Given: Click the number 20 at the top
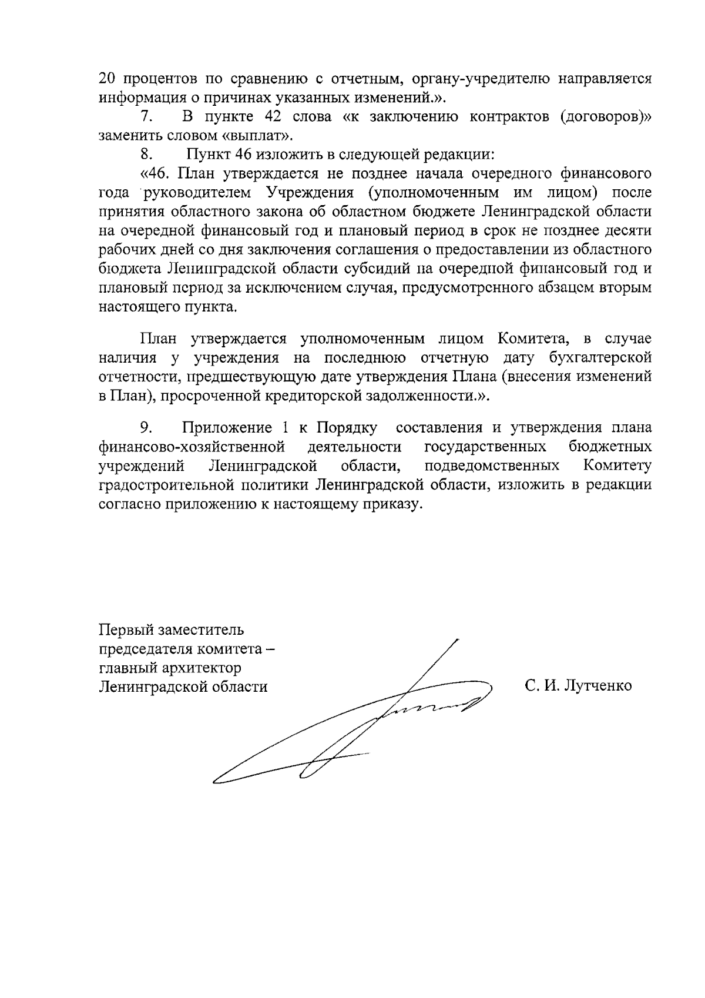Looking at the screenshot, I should pyautogui.click(x=106, y=79).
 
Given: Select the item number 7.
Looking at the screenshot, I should pyautogui.click(x=146, y=116).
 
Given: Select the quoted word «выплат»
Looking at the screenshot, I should pyautogui.click(x=263, y=136).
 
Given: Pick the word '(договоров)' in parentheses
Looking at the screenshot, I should pyautogui.click(x=606, y=116).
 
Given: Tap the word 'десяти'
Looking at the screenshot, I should pyautogui.click(x=628, y=231).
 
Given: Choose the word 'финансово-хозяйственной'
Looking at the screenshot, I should pyautogui.click(x=192, y=447).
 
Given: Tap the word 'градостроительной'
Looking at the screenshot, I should pyautogui.click(x=171, y=485).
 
